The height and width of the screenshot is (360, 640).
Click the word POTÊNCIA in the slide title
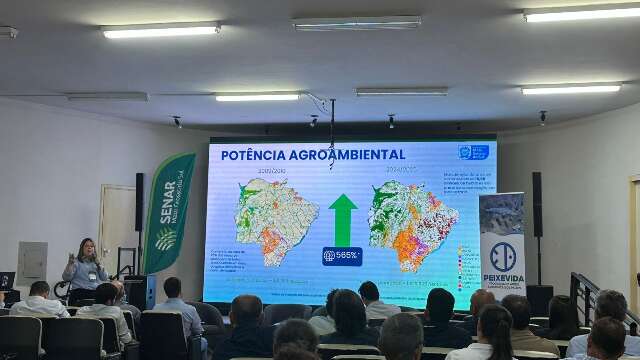pyautogui.click(x=253, y=155)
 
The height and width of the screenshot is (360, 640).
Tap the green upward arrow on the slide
pyautogui.click(x=343, y=218)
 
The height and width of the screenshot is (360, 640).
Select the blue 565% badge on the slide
pyautogui.click(x=342, y=256)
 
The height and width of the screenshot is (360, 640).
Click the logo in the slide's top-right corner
pyautogui.click(x=473, y=152)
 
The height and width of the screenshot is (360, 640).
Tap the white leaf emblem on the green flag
pyautogui.click(x=165, y=239)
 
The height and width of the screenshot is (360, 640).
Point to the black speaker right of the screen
pyautogui.click(x=537, y=204)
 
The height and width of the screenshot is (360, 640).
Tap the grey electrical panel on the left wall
pyautogui.click(x=33, y=262)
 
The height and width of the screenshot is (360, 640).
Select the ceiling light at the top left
pyautogui.click(x=160, y=30)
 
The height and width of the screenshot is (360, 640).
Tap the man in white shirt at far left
pyautogui.click(x=38, y=301)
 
